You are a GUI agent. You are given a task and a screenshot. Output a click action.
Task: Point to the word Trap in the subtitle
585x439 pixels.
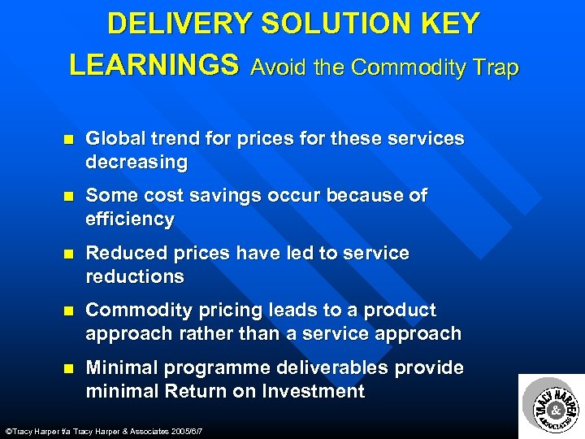coord(492,67)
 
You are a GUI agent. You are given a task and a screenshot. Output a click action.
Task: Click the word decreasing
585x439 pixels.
coord(136,162)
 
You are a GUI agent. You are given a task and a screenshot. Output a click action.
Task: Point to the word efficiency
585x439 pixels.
coord(130,219)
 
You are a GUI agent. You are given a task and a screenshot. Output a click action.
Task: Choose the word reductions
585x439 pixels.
coord(135,276)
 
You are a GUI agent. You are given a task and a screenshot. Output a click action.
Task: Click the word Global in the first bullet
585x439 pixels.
coord(113,138)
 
